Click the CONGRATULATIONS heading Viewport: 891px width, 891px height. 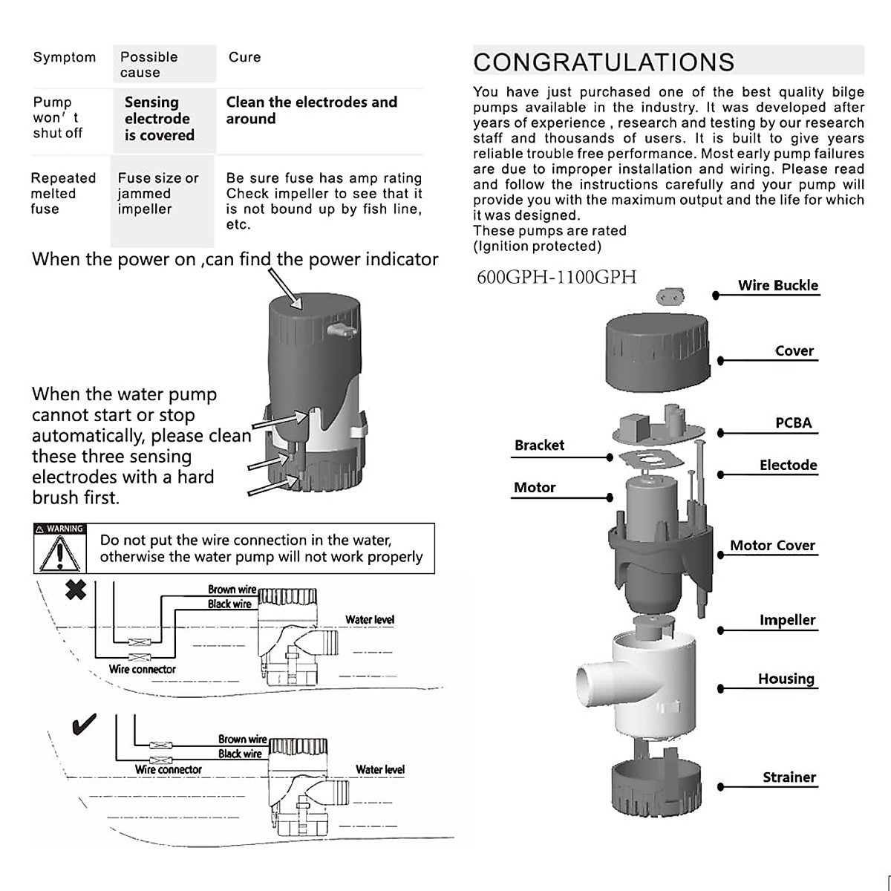coord(604,62)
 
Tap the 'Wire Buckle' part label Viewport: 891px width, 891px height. coord(777,285)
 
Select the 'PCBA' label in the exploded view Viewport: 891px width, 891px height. coord(793,422)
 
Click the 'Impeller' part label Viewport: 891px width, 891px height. coord(787,620)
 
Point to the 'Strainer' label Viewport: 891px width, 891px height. coord(789,777)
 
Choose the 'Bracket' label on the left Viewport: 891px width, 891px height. coord(539,445)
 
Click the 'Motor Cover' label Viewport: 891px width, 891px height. coord(772,545)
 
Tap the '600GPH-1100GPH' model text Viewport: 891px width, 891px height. coord(556,277)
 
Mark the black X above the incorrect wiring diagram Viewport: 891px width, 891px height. coord(76,590)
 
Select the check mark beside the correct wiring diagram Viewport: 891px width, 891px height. coord(83,724)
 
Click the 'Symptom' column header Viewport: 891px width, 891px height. coord(65,57)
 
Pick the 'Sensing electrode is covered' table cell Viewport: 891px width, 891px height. coord(159,119)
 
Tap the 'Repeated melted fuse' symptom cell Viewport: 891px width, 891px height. coord(63,193)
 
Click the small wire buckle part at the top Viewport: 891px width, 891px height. coord(670,297)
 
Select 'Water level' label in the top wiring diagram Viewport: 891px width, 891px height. coord(369,619)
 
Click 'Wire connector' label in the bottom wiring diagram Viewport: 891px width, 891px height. coord(168,770)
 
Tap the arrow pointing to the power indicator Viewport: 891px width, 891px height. coord(285,289)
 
